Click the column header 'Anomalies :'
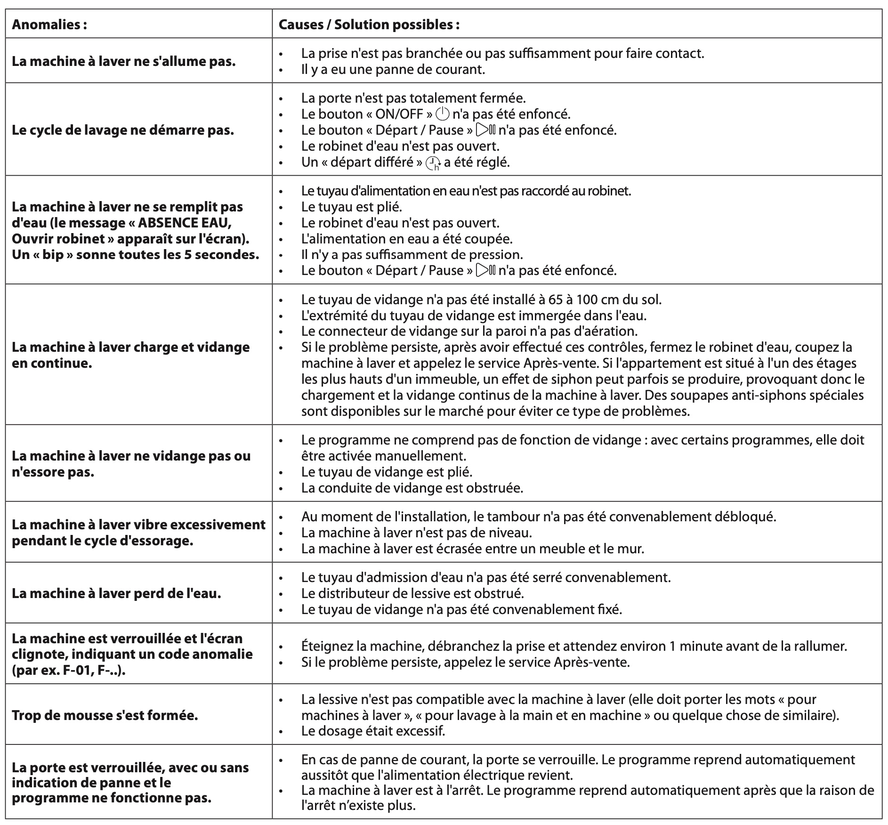click(49, 25)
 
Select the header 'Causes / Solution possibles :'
click(369, 25)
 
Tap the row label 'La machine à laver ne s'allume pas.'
click(123, 61)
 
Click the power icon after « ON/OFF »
click(443, 114)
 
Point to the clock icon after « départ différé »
click(433, 163)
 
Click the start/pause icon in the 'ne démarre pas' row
click(486, 130)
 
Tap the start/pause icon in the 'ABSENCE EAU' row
click(486, 270)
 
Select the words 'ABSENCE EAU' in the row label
click(184, 222)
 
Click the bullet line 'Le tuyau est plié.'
click(351, 207)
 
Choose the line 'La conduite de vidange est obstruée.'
click(412, 488)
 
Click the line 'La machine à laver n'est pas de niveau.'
click(416, 533)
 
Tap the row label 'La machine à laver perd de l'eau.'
click(116, 593)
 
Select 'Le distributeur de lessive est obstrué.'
click(412, 593)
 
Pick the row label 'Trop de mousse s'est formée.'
click(105, 715)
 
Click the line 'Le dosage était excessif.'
click(373, 731)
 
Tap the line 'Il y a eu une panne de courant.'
click(393, 69)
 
